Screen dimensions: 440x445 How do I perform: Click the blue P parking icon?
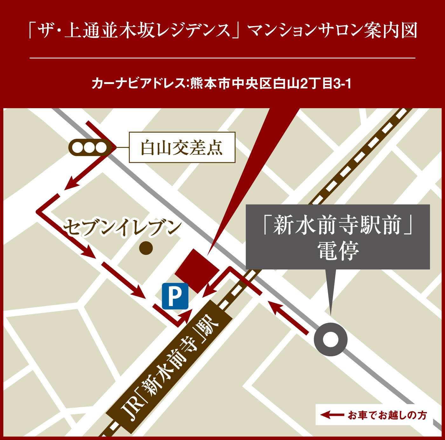(x=175, y=296)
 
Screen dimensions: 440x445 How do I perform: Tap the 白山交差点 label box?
(x=182, y=147)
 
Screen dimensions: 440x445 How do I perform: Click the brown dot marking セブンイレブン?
(x=146, y=248)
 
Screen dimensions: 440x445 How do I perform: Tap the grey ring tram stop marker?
(x=331, y=339)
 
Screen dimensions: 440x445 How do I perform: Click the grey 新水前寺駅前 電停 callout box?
(x=338, y=237)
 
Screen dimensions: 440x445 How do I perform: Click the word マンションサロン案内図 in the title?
(x=332, y=31)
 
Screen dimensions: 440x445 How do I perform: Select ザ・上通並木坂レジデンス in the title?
(x=134, y=31)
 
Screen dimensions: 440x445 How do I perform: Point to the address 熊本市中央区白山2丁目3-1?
(x=270, y=84)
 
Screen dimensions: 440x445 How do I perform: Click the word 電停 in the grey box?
(x=338, y=251)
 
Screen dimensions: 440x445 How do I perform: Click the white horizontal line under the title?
(x=222, y=58)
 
